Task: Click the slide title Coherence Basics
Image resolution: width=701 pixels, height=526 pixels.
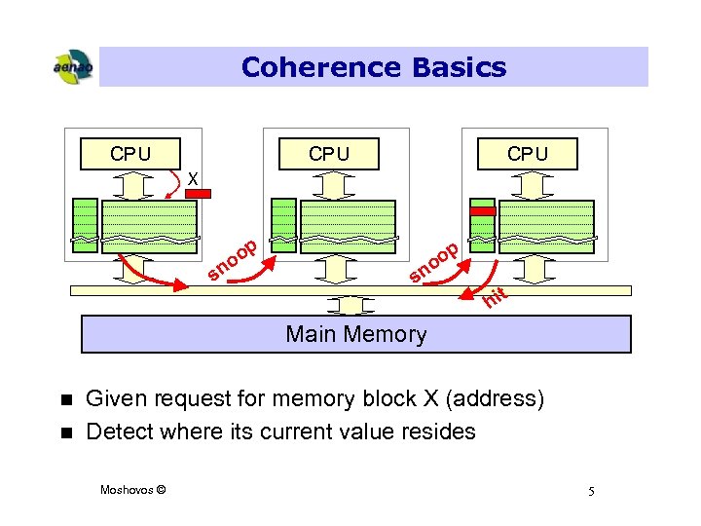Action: (x=374, y=67)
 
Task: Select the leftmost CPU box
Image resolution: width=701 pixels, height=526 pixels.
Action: (x=130, y=154)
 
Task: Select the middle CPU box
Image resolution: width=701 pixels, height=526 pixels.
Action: (x=329, y=154)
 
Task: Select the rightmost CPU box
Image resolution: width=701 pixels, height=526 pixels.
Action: (x=527, y=154)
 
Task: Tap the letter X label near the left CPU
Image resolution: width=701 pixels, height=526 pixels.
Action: (x=193, y=179)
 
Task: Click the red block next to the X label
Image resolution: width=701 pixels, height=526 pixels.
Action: (x=198, y=194)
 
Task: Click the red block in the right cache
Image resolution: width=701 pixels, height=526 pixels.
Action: (x=483, y=210)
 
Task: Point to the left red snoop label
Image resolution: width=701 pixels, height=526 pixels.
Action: (x=234, y=259)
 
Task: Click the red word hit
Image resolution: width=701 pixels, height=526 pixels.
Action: (x=496, y=298)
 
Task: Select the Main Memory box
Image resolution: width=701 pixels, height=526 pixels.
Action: (x=355, y=334)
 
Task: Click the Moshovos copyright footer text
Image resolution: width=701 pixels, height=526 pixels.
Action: (x=132, y=489)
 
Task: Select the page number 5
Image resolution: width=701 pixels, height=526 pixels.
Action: (x=590, y=490)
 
